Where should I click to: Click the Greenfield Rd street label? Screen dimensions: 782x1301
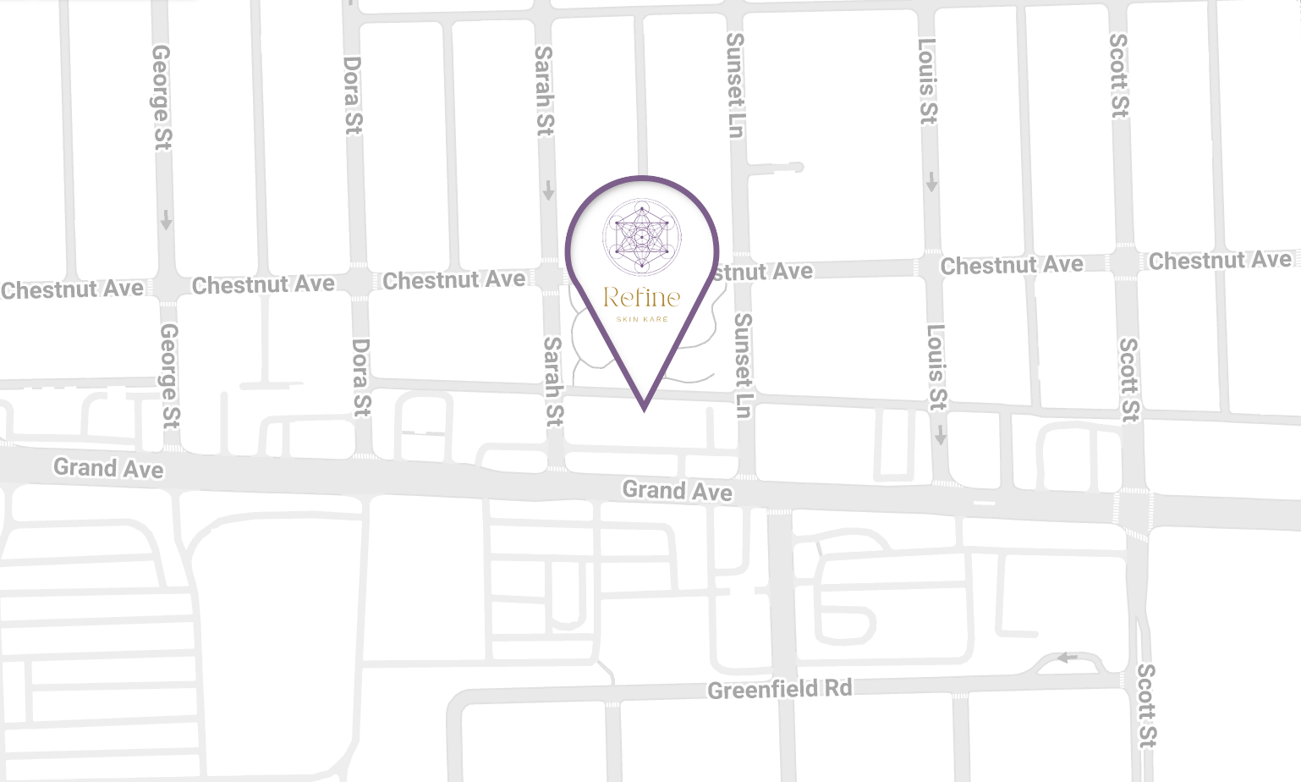(779, 690)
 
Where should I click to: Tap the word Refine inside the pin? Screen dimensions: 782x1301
(642, 297)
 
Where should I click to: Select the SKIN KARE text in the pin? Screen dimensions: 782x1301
(642, 319)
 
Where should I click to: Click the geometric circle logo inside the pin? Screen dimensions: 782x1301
(642, 237)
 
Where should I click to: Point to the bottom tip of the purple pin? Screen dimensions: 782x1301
(645, 410)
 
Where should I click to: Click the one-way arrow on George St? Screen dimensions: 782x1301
(166, 220)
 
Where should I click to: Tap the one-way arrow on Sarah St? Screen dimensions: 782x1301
(548, 190)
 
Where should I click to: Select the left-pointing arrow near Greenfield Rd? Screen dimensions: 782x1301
(1067, 658)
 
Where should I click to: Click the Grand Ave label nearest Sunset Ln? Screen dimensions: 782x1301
(677, 491)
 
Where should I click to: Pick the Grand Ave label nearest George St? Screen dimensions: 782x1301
(108, 468)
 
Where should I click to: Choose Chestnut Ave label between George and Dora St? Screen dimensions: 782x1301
(263, 285)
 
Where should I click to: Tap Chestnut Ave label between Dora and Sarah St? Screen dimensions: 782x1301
(454, 280)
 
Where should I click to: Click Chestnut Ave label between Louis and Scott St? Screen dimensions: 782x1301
(1012, 266)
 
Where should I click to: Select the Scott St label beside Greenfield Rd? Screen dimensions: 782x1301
(1145, 705)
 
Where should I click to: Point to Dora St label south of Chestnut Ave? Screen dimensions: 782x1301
(361, 377)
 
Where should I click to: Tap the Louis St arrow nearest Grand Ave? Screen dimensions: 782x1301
(940, 436)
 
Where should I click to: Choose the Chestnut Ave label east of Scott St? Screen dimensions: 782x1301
(1220, 261)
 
